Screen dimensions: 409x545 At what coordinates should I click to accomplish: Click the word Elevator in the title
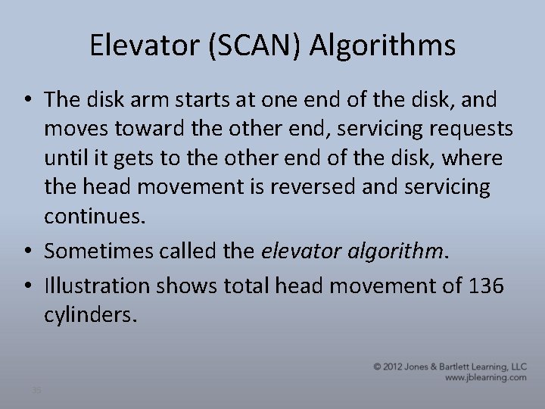point(142,46)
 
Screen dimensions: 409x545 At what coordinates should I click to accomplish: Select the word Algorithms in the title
point(384,46)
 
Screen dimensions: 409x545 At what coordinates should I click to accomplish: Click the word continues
point(93,216)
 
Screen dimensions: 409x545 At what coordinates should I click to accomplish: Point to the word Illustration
point(98,286)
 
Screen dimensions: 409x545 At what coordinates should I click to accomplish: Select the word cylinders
point(92,314)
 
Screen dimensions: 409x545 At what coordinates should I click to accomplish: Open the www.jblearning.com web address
point(485,377)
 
